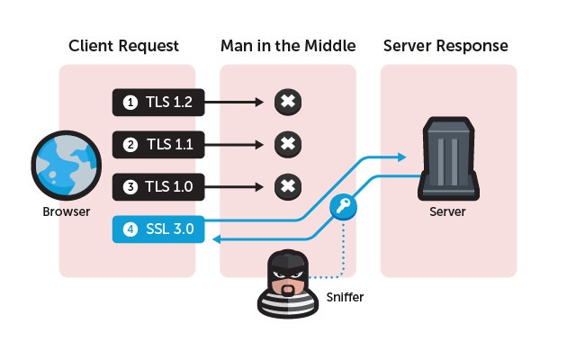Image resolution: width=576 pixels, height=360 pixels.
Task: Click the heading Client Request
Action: [124, 46]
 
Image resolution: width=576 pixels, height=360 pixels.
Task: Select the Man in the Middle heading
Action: [287, 46]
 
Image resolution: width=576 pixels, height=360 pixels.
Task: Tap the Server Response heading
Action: [446, 46]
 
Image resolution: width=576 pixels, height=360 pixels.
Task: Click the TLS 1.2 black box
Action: [159, 103]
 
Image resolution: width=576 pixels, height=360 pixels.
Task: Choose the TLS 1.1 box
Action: [159, 144]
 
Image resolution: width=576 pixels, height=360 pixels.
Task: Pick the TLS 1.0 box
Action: [159, 186]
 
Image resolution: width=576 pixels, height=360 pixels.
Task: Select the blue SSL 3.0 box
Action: [159, 229]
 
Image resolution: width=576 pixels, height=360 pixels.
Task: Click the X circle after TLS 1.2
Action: [286, 103]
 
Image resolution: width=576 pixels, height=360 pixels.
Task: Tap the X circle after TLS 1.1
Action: [286, 144]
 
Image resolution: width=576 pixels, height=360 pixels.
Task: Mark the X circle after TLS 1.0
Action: [286, 186]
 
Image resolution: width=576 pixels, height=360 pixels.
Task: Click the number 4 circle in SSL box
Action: [130, 229]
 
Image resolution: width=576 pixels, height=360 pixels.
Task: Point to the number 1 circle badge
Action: [130, 103]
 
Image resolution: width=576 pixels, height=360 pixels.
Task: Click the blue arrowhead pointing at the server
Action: [402, 156]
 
